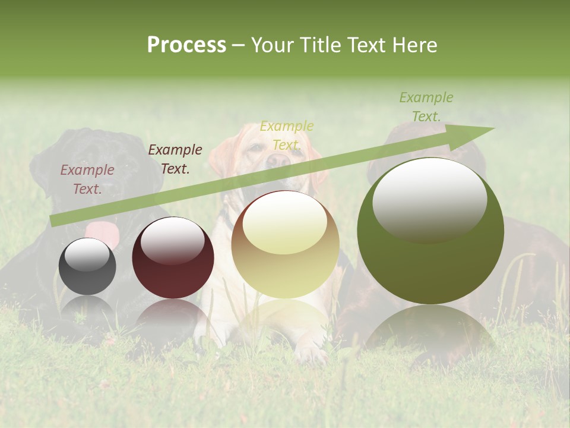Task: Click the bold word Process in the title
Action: point(186,45)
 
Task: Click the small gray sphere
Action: point(87,266)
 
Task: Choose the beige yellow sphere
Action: point(286,245)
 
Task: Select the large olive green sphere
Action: point(430,231)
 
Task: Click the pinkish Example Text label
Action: point(87,179)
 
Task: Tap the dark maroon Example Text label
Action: point(175,159)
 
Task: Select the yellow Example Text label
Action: point(287,136)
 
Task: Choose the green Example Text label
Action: point(426,107)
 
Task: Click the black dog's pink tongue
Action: point(103,232)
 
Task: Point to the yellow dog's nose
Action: point(275,160)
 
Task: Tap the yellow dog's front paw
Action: point(311,354)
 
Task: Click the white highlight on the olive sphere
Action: point(429,199)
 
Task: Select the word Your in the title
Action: point(273,45)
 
